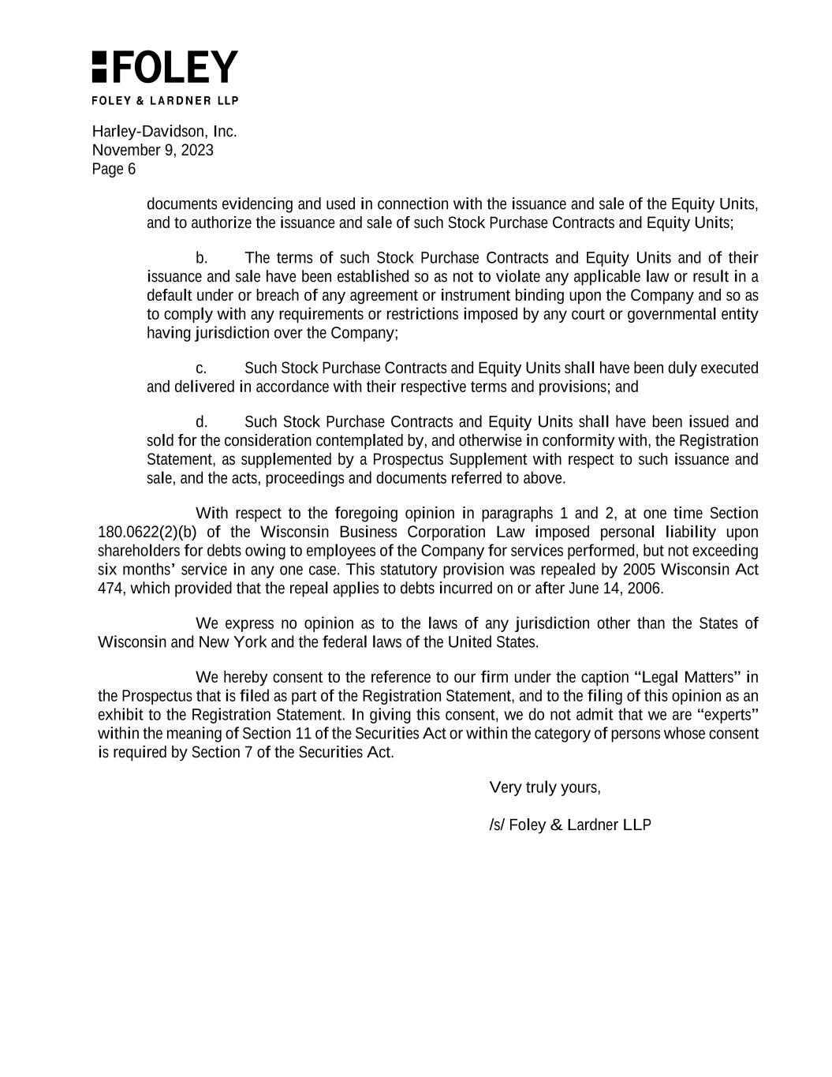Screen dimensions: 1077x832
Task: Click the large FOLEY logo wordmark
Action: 175,67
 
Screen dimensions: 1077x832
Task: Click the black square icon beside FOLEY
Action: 99,67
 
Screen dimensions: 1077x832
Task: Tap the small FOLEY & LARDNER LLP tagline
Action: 165,100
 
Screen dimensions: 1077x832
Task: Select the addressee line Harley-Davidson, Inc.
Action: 164,131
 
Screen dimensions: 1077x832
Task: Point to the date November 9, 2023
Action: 152,150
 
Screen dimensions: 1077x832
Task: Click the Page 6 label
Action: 114,169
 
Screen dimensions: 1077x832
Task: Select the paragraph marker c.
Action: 201,368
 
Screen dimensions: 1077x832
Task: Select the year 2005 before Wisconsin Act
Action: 639,570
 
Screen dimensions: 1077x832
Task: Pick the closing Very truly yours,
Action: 545,787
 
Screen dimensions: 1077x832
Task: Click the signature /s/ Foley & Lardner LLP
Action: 570,825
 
